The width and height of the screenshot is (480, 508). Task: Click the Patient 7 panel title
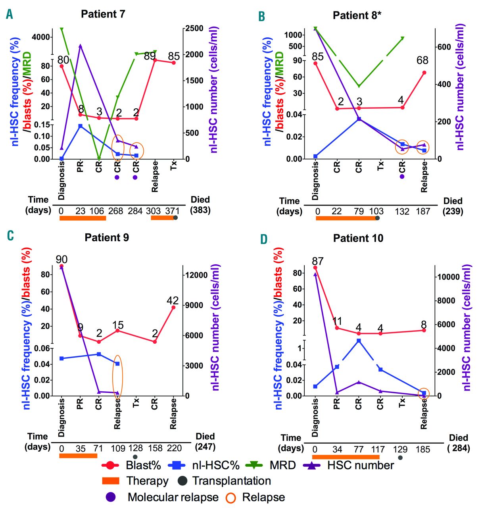103,14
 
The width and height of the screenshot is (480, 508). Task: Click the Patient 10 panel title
358,238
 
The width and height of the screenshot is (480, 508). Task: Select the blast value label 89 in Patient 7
150,56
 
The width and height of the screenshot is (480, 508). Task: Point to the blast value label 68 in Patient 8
422,60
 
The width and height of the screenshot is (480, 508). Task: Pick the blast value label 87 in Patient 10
317,261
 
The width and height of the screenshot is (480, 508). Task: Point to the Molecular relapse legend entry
173,497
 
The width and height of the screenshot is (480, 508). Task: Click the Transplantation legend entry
231,481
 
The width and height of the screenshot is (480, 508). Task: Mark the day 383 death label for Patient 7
200,210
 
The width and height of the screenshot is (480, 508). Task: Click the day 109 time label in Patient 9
117,448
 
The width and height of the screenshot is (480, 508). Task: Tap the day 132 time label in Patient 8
402,212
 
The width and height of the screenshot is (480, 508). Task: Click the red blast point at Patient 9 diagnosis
61,266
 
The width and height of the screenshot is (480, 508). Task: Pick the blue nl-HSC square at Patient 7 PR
80,126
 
